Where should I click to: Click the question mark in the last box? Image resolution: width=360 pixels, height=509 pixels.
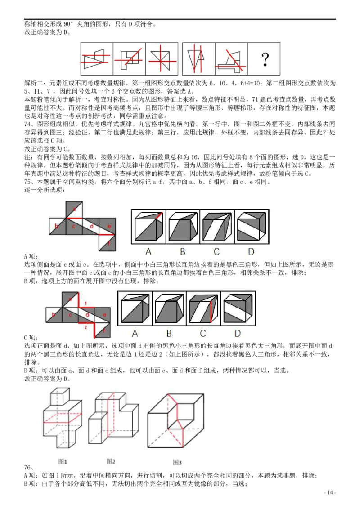pyautogui.click(x=265, y=59)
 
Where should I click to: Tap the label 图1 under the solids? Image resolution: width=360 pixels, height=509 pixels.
pyautogui.click(x=63, y=461)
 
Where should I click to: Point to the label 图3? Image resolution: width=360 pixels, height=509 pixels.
pyautogui.click(x=177, y=462)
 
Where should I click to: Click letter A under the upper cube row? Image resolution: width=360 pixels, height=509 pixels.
pyautogui.click(x=148, y=251)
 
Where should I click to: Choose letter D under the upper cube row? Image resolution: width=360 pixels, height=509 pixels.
pyautogui.click(x=251, y=251)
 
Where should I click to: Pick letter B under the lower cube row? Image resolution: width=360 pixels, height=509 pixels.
pyautogui.click(x=169, y=333)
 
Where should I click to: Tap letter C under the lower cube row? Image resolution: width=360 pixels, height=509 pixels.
pyautogui.click(x=203, y=333)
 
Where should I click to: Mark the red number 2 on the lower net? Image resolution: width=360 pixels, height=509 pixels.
pyautogui.click(x=85, y=327)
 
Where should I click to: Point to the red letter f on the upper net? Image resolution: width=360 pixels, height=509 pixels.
pyautogui.click(x=108, y=244)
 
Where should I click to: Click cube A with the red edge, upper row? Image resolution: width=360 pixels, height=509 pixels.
pyautogui.click(x=148, y=227)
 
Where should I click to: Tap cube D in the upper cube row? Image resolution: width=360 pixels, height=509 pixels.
pyautogui.click(x=251, y=227)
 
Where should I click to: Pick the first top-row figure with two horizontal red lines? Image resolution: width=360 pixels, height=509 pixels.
pyautogui.click(x=96, y=59)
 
